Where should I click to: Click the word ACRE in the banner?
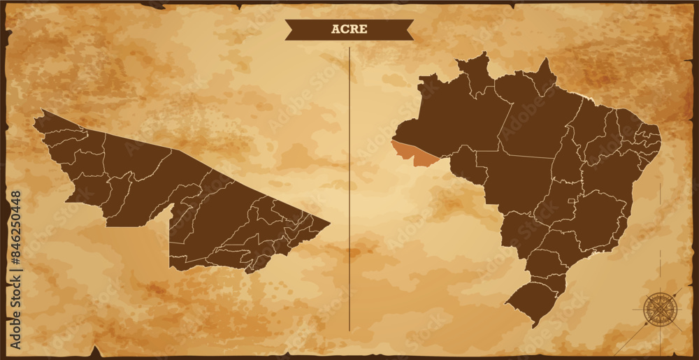(x=349, y=29)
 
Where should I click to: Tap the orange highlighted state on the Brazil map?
(x=415, y=153)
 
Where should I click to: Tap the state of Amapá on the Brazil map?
(x=542, y=77)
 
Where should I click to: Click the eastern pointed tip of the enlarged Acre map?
(x=329, y=224)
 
